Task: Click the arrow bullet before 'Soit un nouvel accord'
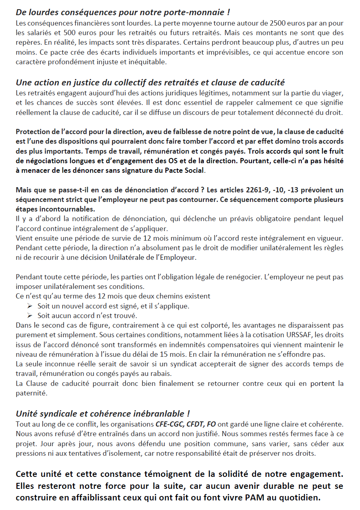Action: [30, 306]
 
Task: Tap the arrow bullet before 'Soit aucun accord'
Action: [30, 316]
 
